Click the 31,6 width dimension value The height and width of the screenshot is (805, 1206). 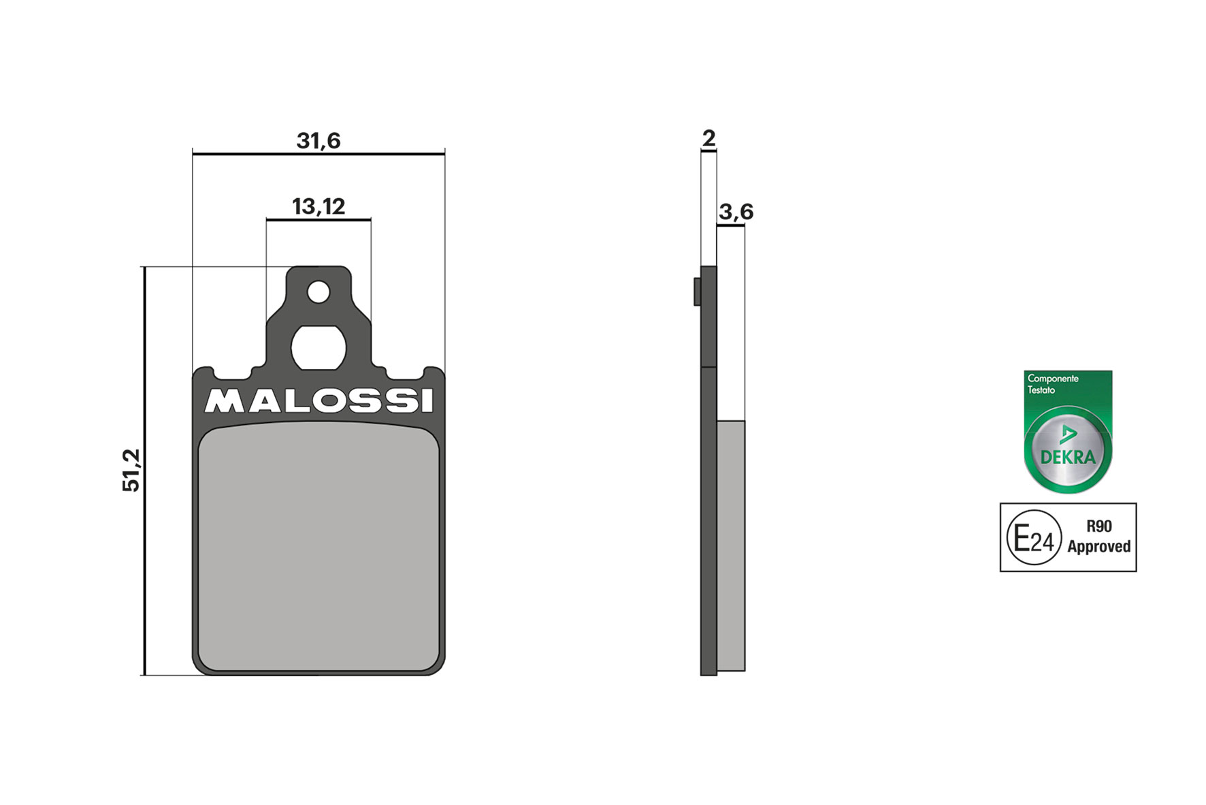click(318, 140)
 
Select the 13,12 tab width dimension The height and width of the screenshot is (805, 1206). click(318, 206)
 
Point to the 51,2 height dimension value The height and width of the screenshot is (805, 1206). click(131, 470)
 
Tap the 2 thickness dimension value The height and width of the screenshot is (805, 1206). click(708, 138)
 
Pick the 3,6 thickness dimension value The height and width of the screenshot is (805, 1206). click(736, 212)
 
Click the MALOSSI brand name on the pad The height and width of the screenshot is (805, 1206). click(319, 401)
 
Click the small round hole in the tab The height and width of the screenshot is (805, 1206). click(319, 293)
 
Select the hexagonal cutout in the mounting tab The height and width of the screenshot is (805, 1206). click(319, 347)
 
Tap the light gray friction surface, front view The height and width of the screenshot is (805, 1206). click(319, 545)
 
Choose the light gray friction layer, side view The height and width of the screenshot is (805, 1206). click(731, 545)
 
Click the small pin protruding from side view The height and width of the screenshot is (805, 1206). click(697, 291)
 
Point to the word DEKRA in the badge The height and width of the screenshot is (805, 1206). click(1068, 457)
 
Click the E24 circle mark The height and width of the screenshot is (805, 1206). click(1034, 538)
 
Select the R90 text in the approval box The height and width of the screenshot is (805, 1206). click(1098, 526)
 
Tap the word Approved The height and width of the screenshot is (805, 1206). click(1098, 547)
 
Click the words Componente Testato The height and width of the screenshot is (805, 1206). click(1052, 384)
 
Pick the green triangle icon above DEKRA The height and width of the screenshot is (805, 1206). click(1068, 435)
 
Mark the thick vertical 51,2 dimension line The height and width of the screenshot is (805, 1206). click(144, 470)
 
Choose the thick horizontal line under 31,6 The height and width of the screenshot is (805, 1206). click(318, 154)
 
